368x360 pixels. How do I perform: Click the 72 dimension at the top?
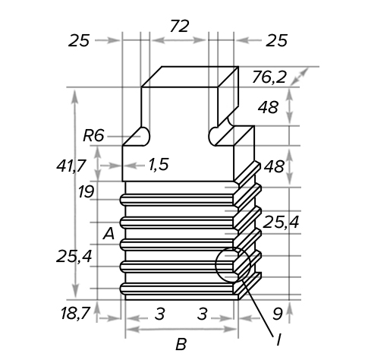pos(180,26)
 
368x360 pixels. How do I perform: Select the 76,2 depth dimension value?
pos(269,77)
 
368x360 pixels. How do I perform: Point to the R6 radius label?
pos(93,135)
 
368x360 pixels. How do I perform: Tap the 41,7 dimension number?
pos(71,166)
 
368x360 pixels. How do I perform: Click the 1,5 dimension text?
pos(159,165)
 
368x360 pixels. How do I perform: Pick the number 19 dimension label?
pos(86,191)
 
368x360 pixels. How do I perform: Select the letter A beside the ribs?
pos(109,233)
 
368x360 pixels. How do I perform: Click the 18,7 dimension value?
pos(76,313)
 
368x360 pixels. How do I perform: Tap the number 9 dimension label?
pos(277,314)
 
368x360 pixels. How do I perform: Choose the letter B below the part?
pos(181,344)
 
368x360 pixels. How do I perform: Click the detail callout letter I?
pos(278,339)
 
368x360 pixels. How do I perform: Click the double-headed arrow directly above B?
pos(181,330)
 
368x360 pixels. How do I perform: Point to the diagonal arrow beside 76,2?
pos(299,77)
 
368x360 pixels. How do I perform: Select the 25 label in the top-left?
pos(79,41)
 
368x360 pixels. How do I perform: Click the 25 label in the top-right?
pos(276,41)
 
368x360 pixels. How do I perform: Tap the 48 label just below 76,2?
pos(269,107)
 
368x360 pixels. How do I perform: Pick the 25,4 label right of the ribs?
pos(281,222)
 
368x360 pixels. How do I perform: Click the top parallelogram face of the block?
pos(190,77)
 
